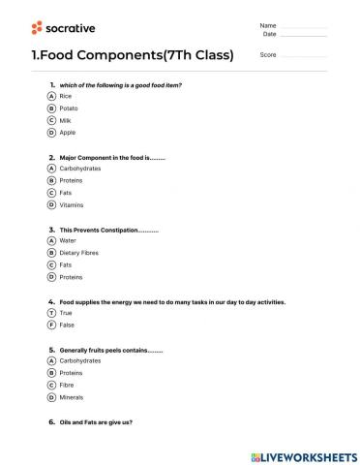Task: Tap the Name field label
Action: (x=268, y=25)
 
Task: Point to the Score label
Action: (x=268, y=55)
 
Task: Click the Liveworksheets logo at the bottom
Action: (x=303, y=455)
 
